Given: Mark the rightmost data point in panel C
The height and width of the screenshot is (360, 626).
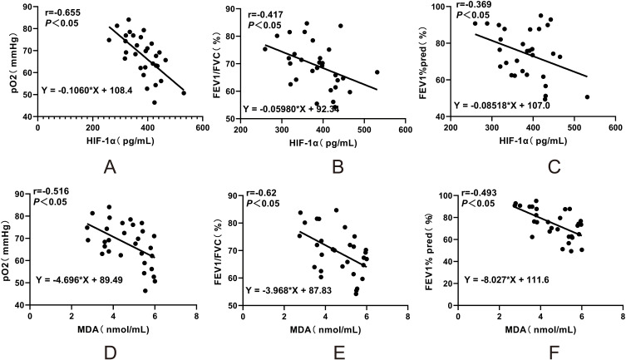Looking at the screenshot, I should (587, 97).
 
